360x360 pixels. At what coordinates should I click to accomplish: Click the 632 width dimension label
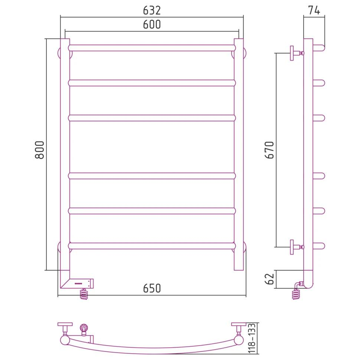tap(152, 10)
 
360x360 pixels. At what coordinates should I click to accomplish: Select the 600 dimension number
tap(152, 24)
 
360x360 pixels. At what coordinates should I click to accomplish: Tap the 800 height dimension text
tap(39, 150)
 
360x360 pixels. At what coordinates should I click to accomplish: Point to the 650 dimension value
tap(152, 288)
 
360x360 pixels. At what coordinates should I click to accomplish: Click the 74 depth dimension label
tap(314, 10)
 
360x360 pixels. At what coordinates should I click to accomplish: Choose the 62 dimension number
tap(270, 279)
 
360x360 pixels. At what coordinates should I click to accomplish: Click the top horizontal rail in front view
tap(152, 48)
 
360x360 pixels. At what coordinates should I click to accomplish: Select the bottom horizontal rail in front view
tap(152, 246)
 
